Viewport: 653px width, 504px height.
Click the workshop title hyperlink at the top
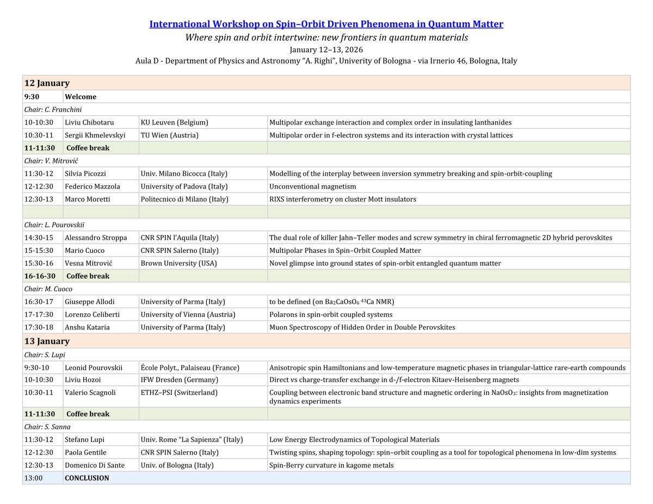pyautogui.click(x=326, y=24)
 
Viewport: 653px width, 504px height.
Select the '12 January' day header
pyautogui.click(x=47, y=83)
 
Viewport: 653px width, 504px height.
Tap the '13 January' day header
pyautogui.click(x=47, y=341)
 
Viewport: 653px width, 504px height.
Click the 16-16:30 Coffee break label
pyautogui.click(x=88, y=276)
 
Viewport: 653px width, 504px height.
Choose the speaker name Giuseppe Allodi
pyautogui.click(x=90, y=302)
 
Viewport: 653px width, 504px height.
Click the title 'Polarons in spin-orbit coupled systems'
pyautogui.click(x=331, y=314)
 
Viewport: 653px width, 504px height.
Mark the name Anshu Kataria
pyautogui.click(x=87, y=327)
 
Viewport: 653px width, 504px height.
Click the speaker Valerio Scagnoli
pyautogui.click(x=90, y=393)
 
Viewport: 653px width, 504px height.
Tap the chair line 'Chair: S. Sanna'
pyautogui.click(x=47, y=427)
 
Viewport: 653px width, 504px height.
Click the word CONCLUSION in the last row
pyautogui.click(x=87, y=478)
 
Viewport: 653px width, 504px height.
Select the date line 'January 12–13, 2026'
pyautogui.click(x=326, y=49)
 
